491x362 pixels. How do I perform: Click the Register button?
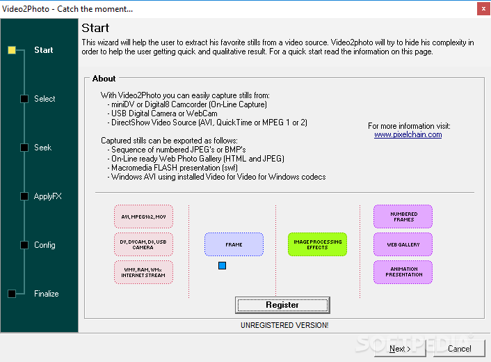pyautogui.click(x=282, y=305)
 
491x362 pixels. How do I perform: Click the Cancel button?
pyautogui.click(x=459, y=349)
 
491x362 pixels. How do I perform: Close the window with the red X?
pyautogui.click(x=483, y=9)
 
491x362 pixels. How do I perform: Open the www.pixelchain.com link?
pyautogui.click(x=408, y=135)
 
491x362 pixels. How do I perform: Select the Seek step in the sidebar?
pyautogui.click(x=42, y=148)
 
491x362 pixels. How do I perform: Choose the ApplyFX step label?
pyautogui.click(x=47, y=196)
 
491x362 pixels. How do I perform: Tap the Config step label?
pyautogui.click(x=45, y=245)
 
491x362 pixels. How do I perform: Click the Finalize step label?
pyautogui.click(x=47, y=294)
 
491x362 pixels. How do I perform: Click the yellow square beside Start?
pyautogui.click(x=12, y=50)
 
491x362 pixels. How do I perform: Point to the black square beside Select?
pyautogui.click(x=24, y=99)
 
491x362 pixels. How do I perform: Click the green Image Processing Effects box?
pyautogui.click(x=317, y=244)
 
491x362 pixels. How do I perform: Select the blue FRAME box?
pyautogui.click(x=234, y=244)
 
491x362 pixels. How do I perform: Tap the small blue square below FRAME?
pyautogui.click(x=222, y=266)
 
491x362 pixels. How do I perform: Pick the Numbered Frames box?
pyautogui.click(x=403, y=217)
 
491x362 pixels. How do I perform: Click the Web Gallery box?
pyautogui.click(x=403, y=244)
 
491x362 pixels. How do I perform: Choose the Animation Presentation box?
pyautogui.click(x=403, y=272)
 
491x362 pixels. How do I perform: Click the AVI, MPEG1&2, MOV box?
pyautogui.click(x=143, y=217)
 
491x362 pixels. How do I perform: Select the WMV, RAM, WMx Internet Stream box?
pyautogui.click(x=143, y=272)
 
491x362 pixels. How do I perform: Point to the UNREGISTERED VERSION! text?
pyautogui.click(x=284, y=325)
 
